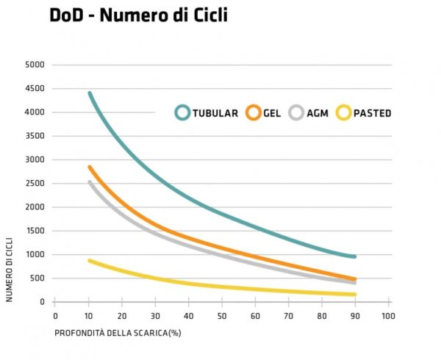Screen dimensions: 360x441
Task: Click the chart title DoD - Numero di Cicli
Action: (138, 15)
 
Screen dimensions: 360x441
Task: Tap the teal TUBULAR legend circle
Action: (183, 112)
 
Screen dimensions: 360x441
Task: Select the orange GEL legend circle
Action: (254, 112)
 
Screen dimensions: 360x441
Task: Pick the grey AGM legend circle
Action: (297, 112)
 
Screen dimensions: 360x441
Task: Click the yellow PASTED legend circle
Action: (343, 112)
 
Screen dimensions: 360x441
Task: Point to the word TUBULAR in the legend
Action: (215, 113)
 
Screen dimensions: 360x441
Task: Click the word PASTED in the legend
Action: (372, 113)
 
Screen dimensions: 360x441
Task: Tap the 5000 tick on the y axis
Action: (35, 65)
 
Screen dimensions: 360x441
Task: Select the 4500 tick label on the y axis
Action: (35, 89)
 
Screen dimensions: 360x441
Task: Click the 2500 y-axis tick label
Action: (35, 184)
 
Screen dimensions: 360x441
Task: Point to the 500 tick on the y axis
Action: (37, 278)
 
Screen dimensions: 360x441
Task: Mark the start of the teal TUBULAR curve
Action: (89, 93)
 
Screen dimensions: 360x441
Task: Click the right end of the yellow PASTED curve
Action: (355, 295)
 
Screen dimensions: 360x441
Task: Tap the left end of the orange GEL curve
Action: (89, 168)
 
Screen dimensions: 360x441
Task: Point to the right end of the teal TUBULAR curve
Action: (355, 257)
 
